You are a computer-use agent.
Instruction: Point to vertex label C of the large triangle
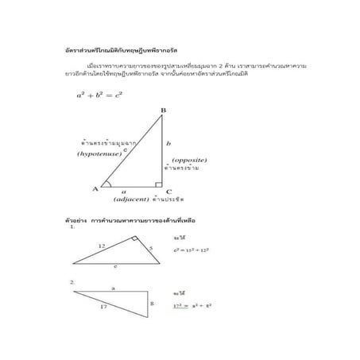(x=169, y=192)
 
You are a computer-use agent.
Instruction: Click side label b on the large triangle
(x=168, y=144)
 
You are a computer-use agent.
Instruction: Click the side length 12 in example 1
(x=101, y=246)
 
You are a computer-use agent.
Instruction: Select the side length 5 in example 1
(x=149, y=249)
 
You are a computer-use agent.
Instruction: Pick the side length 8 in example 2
(x=151, y=303)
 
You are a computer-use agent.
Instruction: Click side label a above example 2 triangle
(x=114, y=288)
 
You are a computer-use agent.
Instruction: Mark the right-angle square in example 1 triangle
(x=136, y=240)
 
